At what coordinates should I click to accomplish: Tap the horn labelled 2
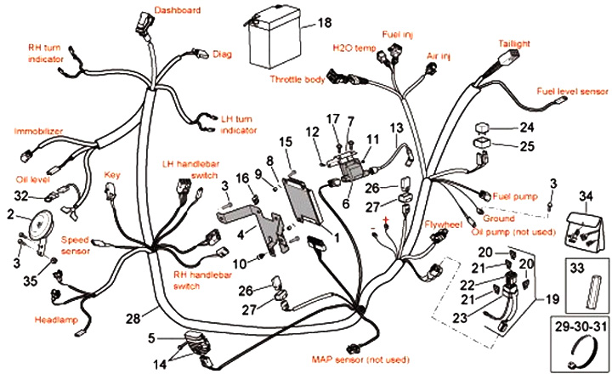pos(38,224)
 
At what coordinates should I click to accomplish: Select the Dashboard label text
pos(177,10)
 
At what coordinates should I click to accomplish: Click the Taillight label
pos(514,43)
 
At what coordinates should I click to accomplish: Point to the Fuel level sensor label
pos(572,91)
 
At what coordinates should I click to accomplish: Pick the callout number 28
pos(133,319)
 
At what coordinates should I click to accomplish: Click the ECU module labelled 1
pos(304,201)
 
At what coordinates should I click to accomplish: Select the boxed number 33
pos(577,269)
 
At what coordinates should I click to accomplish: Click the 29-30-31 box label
pos(581,326)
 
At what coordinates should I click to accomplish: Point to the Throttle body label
pos(297,79)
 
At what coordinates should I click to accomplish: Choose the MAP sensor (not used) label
pos(360,360)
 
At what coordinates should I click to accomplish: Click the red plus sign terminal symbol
pos(387,221)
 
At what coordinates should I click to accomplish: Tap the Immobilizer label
pos(38,131)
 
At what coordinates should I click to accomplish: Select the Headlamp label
pos(56,320)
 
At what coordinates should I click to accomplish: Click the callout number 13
pos(396,127)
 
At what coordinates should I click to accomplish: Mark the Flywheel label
pos(443,224)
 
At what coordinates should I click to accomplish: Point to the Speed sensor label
pos(75,245)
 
